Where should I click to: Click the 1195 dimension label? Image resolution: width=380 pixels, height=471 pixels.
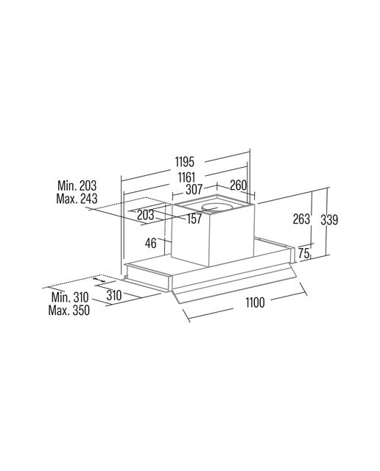click(x=185, y=162)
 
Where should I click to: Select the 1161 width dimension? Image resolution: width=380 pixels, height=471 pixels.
click(x=187, y=177)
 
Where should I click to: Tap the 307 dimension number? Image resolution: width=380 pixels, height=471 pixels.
click(x=194, y=190)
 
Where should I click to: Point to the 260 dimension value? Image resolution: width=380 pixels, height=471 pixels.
click(x=238, y=185)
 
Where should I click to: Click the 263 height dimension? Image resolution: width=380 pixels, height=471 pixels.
click(x=301, y=219)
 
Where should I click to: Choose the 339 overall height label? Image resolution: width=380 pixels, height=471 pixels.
click(x=329, y=220)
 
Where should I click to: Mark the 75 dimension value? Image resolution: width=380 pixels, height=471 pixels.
click(x=304, y=253)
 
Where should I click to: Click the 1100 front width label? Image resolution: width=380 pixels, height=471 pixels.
click(x=256, y=302)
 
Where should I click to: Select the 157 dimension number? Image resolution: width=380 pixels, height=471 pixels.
click(x=194, y=219)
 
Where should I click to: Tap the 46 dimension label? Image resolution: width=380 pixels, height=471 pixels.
click(x=151, y=243)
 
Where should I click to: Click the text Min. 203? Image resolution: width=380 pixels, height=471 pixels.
click(x=77, y=185)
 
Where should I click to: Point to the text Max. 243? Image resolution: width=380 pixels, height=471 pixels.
click(x=77, y=199)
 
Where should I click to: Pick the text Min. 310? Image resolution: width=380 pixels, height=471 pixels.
click(x=70, y=297)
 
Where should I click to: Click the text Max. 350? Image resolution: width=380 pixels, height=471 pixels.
click(x=68, y=310)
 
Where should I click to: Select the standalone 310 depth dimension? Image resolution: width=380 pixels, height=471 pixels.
click(x=114, y=296)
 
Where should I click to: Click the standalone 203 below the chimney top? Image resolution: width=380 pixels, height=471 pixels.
click(x=146, y=215)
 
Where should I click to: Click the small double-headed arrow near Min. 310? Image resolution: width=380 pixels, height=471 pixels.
click(x=99, y=280)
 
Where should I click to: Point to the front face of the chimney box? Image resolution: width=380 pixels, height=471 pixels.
click(x=190, y=235)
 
